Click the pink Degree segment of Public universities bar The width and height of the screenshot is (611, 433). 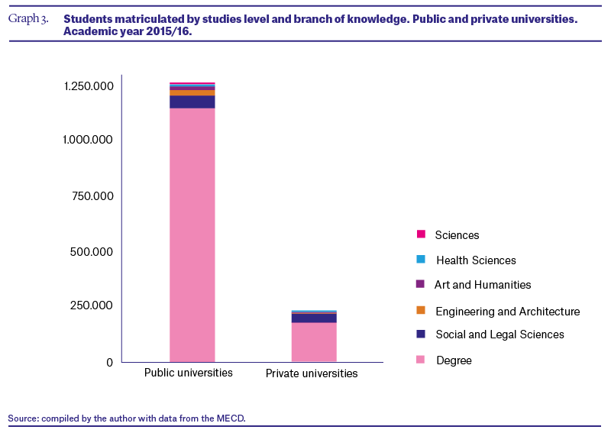[x=192, y=235]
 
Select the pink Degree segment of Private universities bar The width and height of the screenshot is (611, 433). [x=314, y=342]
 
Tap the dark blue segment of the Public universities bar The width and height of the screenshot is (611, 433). [x=192, y=102]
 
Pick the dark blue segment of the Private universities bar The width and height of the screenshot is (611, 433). [x=314, y=318]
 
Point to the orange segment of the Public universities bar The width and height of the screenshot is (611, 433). [x=192, y=93]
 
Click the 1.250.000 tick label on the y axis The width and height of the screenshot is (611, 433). [x=89, y=86]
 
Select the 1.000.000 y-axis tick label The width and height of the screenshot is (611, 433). [x=88, y=140]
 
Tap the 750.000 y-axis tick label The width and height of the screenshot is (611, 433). [x=92, y=195]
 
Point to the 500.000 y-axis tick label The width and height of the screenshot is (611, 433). [x=92, y=252]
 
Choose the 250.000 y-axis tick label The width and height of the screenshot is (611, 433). [x=92, y=305]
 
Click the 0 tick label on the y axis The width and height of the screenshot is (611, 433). [x=109, y=363]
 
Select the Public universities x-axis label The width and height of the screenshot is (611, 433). [x=189, y=373]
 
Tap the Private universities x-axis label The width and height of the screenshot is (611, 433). [x=312, y=373]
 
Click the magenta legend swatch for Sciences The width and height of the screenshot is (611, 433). [x=421, y=234]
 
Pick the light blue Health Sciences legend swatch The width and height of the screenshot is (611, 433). [x=421, y=259]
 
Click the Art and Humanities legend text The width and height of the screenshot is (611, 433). [x=483, y=285]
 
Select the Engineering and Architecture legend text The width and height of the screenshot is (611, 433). [x=508, y=312]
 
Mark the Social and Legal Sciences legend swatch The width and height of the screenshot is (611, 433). [x=421, y=334]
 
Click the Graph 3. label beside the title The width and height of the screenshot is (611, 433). [x=28, y=18]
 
